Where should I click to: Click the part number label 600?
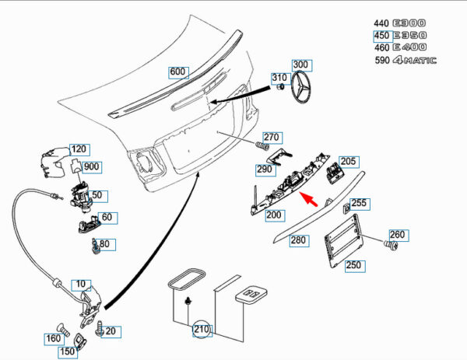pos(178,72)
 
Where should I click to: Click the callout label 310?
pos(279,78)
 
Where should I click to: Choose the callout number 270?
pos(271,137)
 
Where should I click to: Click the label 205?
pos(348,162)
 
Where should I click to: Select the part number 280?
pos(298,240)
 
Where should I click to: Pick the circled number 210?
pos(202,330)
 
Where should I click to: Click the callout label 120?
pos(79,149)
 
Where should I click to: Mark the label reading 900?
pos(92,166)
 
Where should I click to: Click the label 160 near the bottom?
pos(53,338)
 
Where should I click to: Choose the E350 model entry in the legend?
pos(407,36)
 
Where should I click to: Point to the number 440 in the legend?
pos(381,23)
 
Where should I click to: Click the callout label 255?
pos(358,203)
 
